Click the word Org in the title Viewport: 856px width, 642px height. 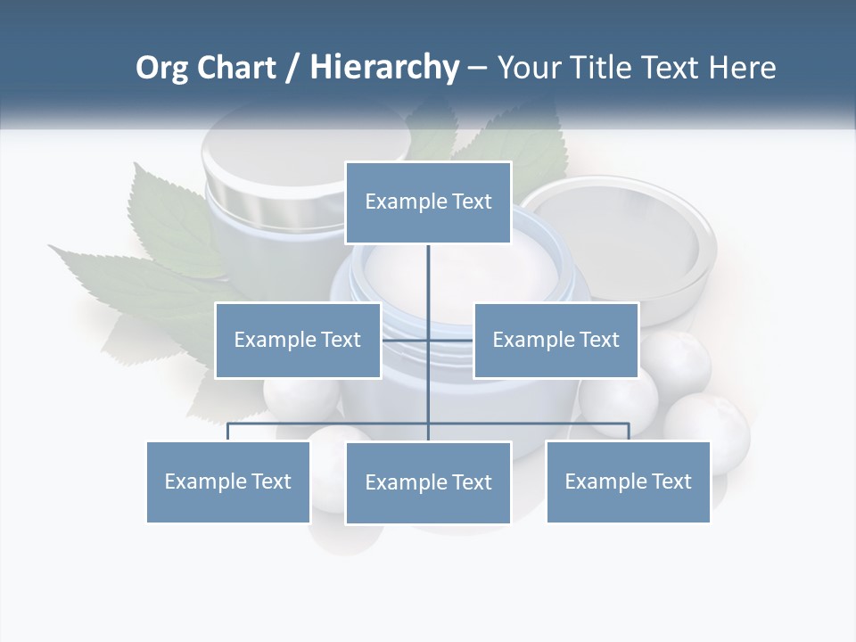(x=163, y=68)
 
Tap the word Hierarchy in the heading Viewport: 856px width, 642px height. (x=384, y=68)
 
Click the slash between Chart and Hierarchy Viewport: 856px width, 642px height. (x=292, y=69)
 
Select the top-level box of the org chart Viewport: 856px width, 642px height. (x=428, y=202)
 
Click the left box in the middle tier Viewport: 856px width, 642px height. (x=298, y=340)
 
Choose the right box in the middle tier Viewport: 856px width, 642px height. (x=556, y=340)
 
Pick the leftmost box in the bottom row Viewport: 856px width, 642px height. (x=228, y=481)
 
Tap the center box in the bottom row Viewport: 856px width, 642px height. (x=428, y=482)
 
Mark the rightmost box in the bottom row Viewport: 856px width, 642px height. (x=628, y=481)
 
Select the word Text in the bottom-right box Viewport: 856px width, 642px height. (x=671, y=481)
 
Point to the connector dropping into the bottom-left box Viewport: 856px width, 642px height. (x=228, y=432)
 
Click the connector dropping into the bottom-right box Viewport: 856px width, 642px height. (x=629, y=432)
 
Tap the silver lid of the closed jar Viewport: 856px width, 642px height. (x=267, y=187)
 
